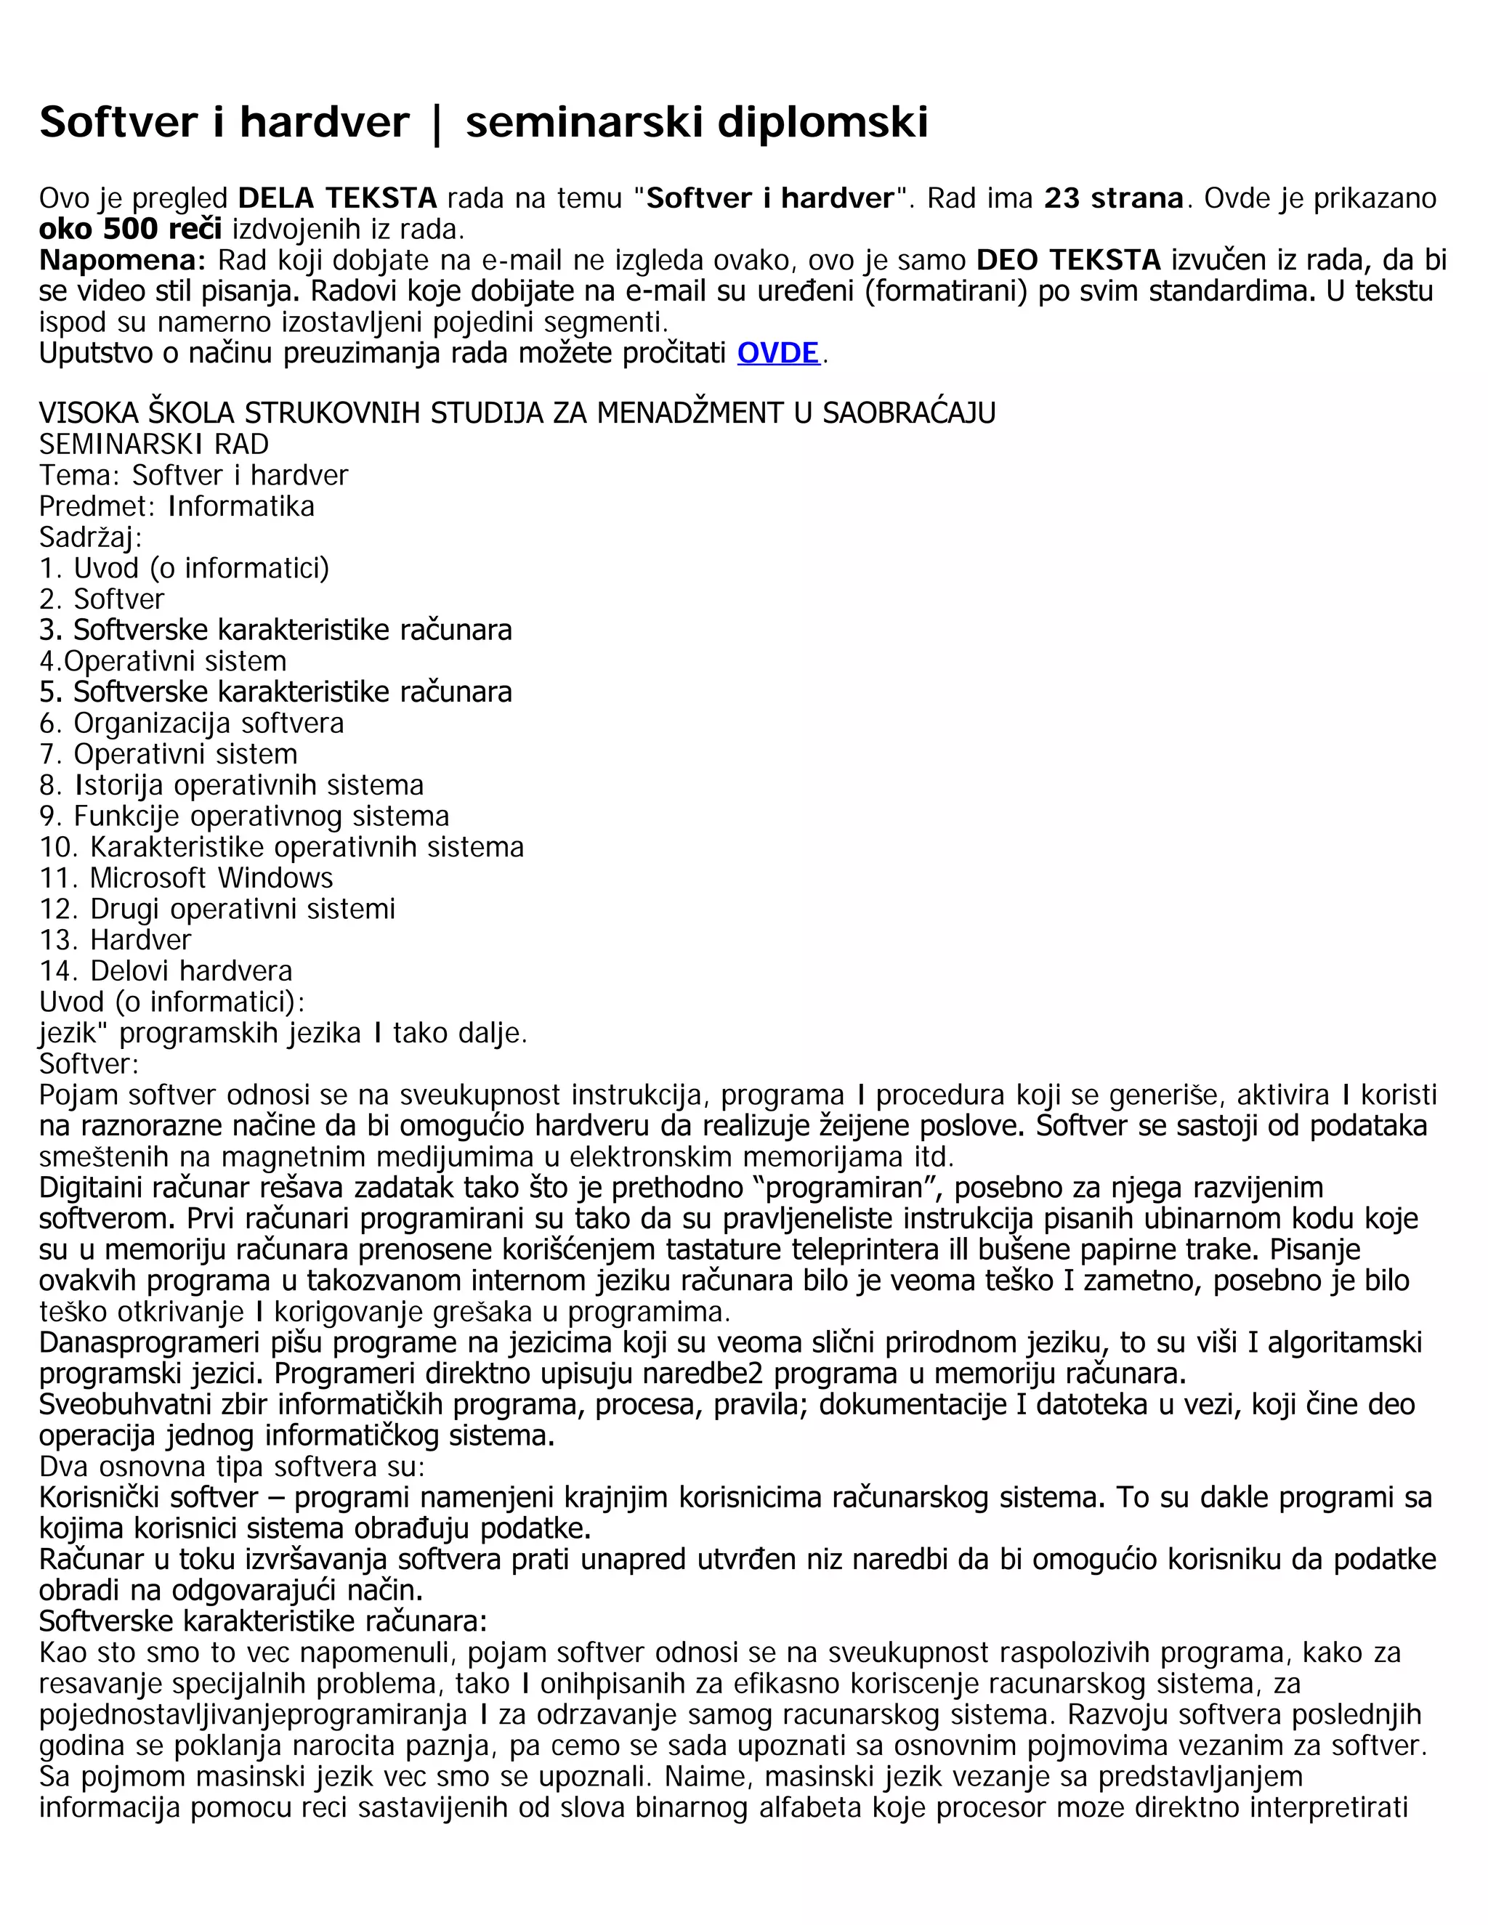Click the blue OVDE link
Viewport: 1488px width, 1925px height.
pos(777,354)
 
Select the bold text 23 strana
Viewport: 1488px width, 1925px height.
pos(1113,198)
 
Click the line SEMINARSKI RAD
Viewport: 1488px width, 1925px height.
pos(154,445)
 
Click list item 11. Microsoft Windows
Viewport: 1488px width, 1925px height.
pos(186,878)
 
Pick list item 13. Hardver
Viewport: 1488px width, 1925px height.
pos(115,939)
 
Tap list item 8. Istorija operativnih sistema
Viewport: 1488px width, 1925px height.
pos(231,785)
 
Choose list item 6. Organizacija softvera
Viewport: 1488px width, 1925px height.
pos(191,724)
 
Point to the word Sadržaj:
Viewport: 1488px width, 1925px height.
pos(91,538)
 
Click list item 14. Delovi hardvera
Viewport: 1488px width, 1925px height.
pos(166,971)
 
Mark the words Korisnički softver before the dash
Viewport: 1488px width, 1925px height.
pos(148,1498)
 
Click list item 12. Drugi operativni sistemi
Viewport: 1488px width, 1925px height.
pos(217,909)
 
